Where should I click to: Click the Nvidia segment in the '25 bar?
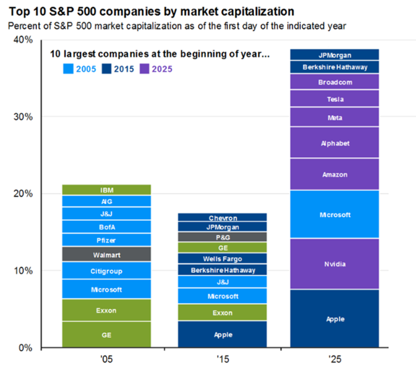pyautogui.click(x=334, y=264)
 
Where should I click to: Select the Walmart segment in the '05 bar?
pyautogui.click(x=106, y=254)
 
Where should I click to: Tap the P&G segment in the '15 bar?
pyautogui.click(x=222, y=237)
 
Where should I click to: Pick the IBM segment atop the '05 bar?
pyautogui.click(x=106, y=190)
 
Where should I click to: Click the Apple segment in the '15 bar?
pyautogui.click(x=222, y=334)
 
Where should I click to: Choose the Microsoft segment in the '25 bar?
pyautogui.click(x=334, y=214)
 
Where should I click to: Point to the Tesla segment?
pyautogui.click(x=334, y=99)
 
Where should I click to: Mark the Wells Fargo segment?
pyautogui.click(x=222, y=258)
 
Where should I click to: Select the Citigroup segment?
pyautogui.click(x=106, y=270)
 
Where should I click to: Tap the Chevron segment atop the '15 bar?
pyautogui.click(x=222, y=217)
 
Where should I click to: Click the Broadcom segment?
pyautogui.click(x=334, y=81)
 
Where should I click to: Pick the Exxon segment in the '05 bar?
pyautogui.click(x=106, y=310)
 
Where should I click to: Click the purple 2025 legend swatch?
pyautogui.click(x=144, y=69)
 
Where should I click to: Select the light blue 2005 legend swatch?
pyautogui.click(x=68, y=69)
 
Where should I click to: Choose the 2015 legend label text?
pyautogui.click(x=124, y=69)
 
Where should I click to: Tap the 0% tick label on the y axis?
pyautogui.click(x=25, y=348)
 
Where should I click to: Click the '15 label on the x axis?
pyautogui.click(x=223, y=359)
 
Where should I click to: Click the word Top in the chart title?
pyautogui.click(x=19, y=12)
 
